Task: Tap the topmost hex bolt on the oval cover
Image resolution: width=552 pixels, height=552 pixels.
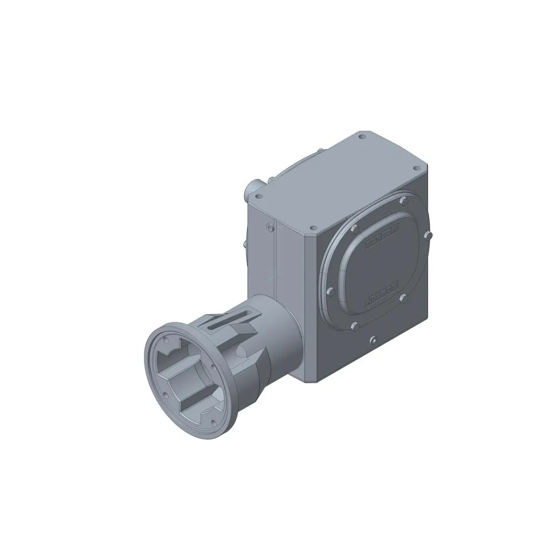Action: (x=403, y=203)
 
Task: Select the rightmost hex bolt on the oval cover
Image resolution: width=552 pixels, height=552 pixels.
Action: (x=427, y=234)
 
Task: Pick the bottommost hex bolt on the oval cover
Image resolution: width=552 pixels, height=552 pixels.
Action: (x=354, y=326)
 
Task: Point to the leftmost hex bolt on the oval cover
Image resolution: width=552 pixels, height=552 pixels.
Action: (x=330, y=292)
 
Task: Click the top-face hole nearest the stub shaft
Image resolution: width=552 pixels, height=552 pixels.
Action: (x=260, y=197)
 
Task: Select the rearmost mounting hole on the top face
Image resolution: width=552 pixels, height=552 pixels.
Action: (x=361, y=138)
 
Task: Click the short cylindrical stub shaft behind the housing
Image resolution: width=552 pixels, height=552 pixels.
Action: (x=253, y=189)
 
